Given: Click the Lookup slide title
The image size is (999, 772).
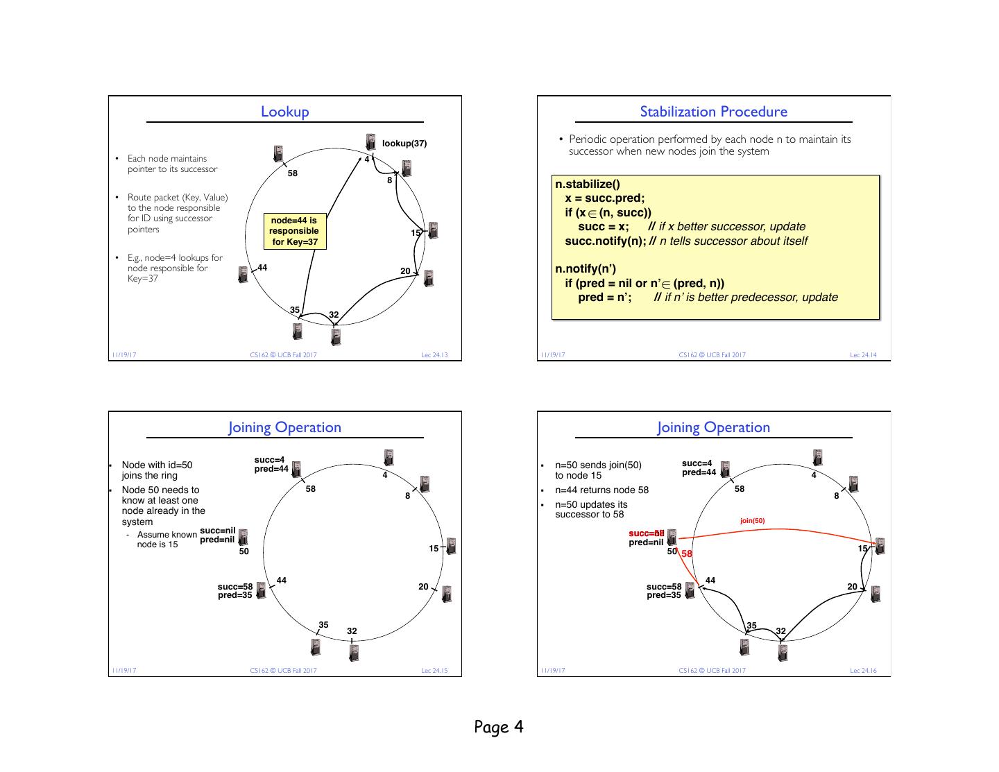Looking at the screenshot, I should point(284,112).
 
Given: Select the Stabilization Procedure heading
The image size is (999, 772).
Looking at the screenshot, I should point(713,112).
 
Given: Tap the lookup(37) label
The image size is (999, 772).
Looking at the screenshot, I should point(404,144).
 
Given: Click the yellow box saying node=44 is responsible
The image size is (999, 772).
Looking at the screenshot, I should point(295,231).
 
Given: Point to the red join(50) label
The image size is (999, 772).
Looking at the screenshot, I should point(753,520).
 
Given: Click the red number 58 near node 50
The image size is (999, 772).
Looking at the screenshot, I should point(687,554).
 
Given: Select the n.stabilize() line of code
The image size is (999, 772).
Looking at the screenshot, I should point(588,185).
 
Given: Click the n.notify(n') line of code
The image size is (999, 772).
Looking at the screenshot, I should point(586,268).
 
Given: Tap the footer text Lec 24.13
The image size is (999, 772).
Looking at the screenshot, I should point(434,355).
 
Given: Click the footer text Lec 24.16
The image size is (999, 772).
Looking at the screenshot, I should point(863,671).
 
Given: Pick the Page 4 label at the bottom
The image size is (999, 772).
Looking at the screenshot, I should point(499,727).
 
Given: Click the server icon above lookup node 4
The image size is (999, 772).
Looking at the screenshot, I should point(371,141).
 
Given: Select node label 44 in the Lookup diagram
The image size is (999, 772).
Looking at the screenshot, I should point(262,268).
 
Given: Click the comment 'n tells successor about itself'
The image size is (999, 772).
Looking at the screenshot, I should point(733,241).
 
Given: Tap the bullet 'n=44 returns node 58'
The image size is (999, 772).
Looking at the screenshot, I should point(602,490).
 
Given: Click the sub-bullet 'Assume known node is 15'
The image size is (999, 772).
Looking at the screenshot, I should point(166,540).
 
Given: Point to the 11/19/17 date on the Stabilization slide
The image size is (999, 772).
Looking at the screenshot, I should point(553,355).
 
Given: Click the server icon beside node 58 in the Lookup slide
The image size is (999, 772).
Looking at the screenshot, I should point(278,153).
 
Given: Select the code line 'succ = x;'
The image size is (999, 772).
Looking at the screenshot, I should point(604,227).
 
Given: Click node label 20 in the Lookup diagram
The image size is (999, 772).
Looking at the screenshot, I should point(406,271).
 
